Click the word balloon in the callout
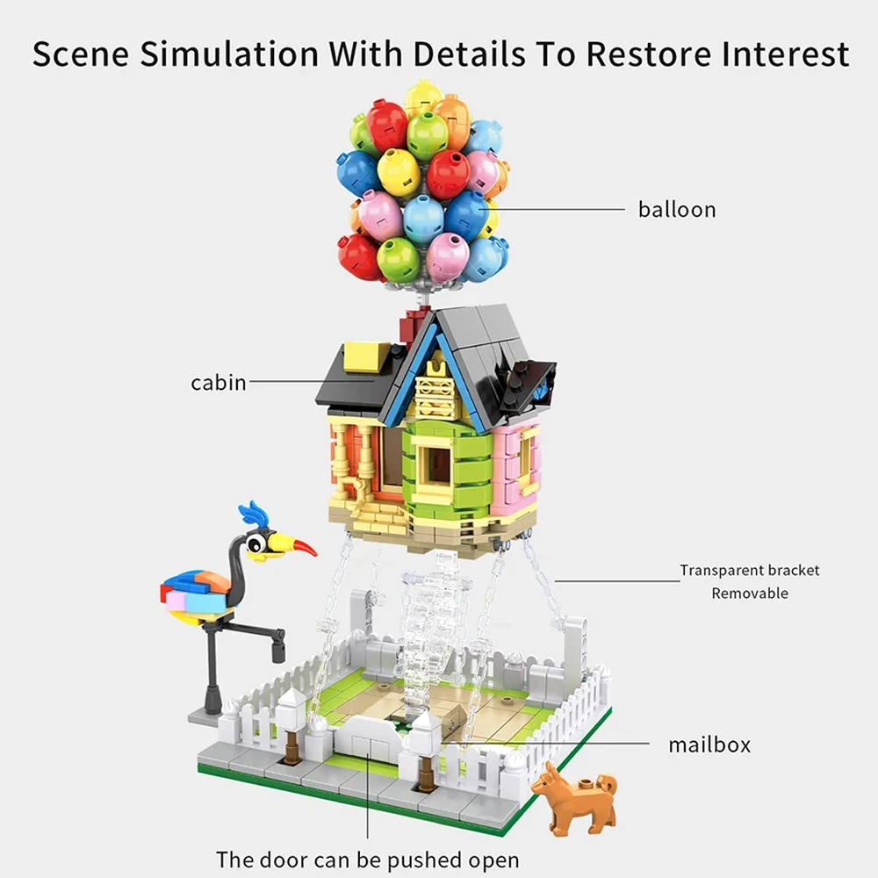tap(677, 210)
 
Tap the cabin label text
tap(219, 382)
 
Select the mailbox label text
tap(709, 745)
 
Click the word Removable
tap(750, 594)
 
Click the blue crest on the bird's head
tap(255, 514)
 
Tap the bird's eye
tap(256, 544)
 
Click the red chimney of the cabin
tap(411, 324)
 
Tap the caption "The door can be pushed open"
tap(368, 858)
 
